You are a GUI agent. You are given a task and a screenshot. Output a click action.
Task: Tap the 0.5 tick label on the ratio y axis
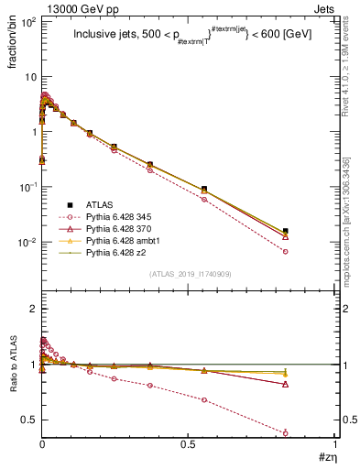pos(27,420)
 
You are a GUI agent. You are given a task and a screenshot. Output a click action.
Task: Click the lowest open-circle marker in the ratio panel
pos(286,432)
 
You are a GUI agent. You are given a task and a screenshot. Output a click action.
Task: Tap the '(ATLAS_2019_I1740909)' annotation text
pos(189,275)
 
